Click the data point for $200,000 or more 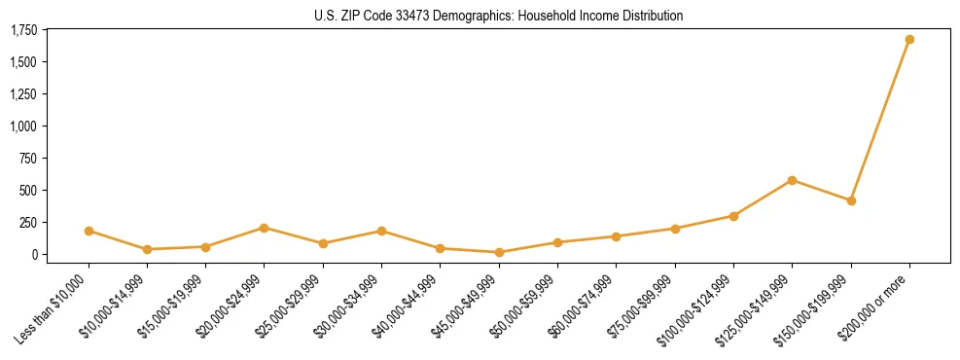click(x=909, y=40)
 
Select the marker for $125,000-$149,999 click(x=793, y=180)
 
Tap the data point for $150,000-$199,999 click(x=851, y=200)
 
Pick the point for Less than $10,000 click(x=89, y=231)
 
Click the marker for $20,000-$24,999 click(x=265, y=228)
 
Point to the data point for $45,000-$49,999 click(x=499, y=252)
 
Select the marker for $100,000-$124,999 click(x=733, y=216)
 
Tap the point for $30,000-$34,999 click(x=382, y=231)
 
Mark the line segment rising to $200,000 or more click(x=880, y=121)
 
